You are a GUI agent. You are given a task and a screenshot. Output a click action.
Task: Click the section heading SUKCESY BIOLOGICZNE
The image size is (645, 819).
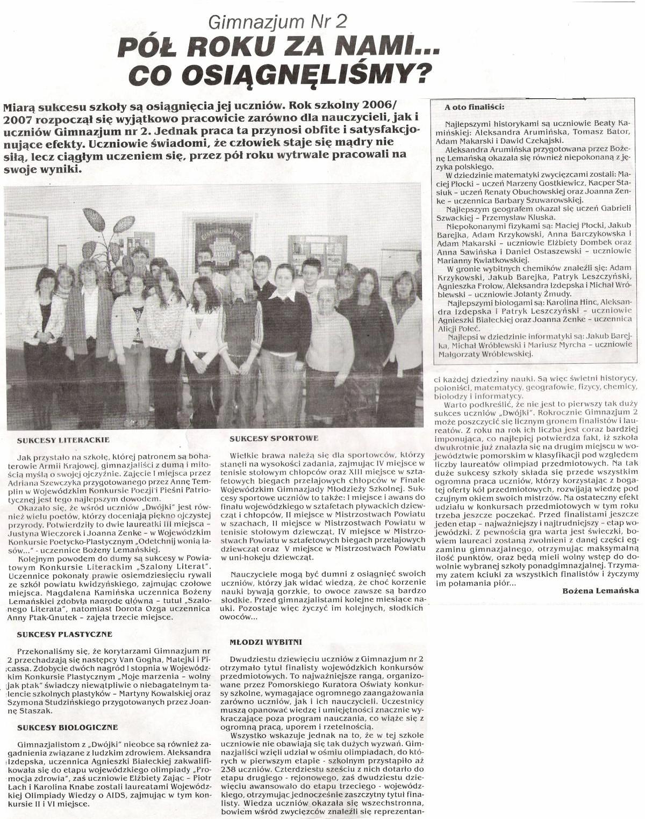tap(67, 727)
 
